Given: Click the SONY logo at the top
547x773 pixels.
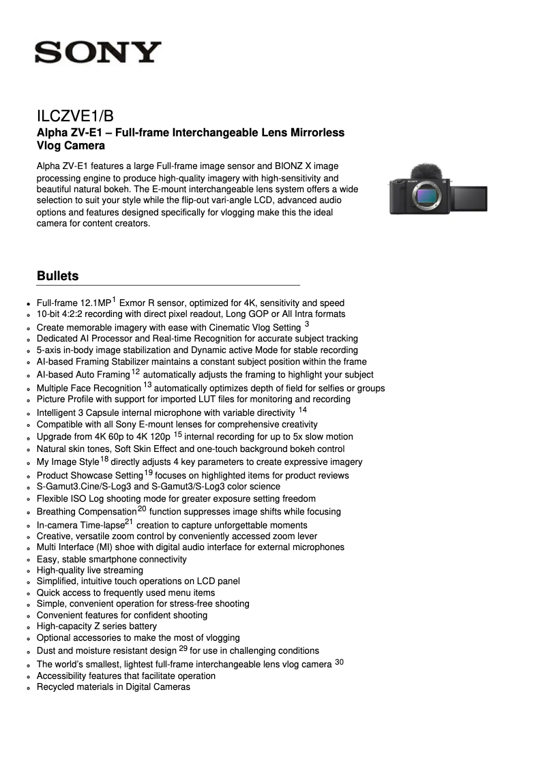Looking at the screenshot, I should (98, 52).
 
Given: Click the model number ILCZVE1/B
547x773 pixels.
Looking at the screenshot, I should (80, 117).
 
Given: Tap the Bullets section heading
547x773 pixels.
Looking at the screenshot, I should (57, 276).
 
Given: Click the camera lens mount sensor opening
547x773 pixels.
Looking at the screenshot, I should (426, 196).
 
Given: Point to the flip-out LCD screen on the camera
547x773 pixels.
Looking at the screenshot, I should (470, 197).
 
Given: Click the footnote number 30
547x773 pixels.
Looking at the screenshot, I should (339, 661).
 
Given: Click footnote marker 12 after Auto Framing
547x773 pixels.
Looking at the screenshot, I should (136, 372).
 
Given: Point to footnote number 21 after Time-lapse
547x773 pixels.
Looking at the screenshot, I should (130, 522).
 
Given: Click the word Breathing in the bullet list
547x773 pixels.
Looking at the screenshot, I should (57, 512).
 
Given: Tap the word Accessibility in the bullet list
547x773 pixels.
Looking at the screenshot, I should (62, 676).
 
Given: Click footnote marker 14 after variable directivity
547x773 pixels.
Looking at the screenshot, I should (303, 410).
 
